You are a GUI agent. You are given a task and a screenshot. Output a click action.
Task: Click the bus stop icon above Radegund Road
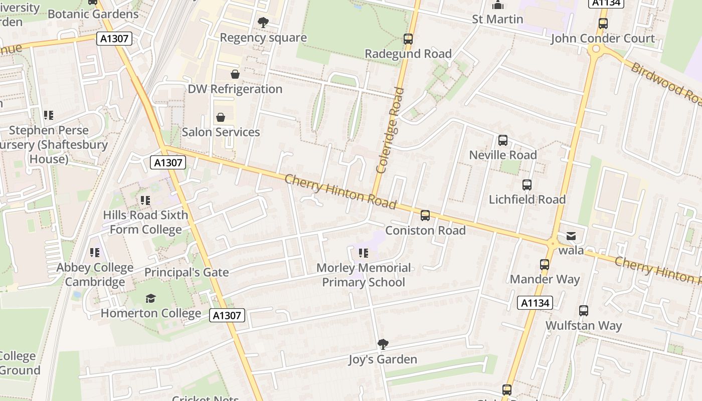[x=408, y=39]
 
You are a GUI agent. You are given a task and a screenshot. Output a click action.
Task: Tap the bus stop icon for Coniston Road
[x=425, y=216]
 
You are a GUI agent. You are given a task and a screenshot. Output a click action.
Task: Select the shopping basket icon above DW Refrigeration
[x=235, y=75]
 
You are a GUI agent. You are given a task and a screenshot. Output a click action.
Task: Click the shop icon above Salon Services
[x=220, y=118]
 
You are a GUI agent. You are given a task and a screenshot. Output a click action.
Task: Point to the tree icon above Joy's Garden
[x=383, y=344]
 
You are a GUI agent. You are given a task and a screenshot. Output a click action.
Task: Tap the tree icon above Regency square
[x=263, y=23]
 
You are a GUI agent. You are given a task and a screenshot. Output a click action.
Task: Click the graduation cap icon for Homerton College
[x=150, y=299]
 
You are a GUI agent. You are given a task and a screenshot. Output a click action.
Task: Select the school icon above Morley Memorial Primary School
[x=364, y=253]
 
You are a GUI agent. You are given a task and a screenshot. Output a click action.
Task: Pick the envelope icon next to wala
[x=571, y=236]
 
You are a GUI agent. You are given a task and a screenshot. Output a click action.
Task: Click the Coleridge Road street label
[x=390, y=130]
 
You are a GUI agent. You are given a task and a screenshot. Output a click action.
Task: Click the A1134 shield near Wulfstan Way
[x=535, y=303]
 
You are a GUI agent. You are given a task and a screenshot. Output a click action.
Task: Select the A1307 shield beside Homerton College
[x=227, y=315]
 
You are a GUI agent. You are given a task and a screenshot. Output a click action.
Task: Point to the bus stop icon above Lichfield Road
[x=527, y=185]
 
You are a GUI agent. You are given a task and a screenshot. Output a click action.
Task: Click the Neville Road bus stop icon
[x=503, y=140]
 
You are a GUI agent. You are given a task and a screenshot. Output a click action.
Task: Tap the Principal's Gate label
[x=187, y=272]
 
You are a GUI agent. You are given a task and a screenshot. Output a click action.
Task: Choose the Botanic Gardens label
[x=93, y=14]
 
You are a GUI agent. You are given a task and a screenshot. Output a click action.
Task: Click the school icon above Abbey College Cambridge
[x=94, y=253]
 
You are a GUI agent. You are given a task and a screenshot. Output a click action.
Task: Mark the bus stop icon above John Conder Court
[x=603, y=24]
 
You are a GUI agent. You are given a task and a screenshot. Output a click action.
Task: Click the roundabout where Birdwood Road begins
[x=596, y=49]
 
